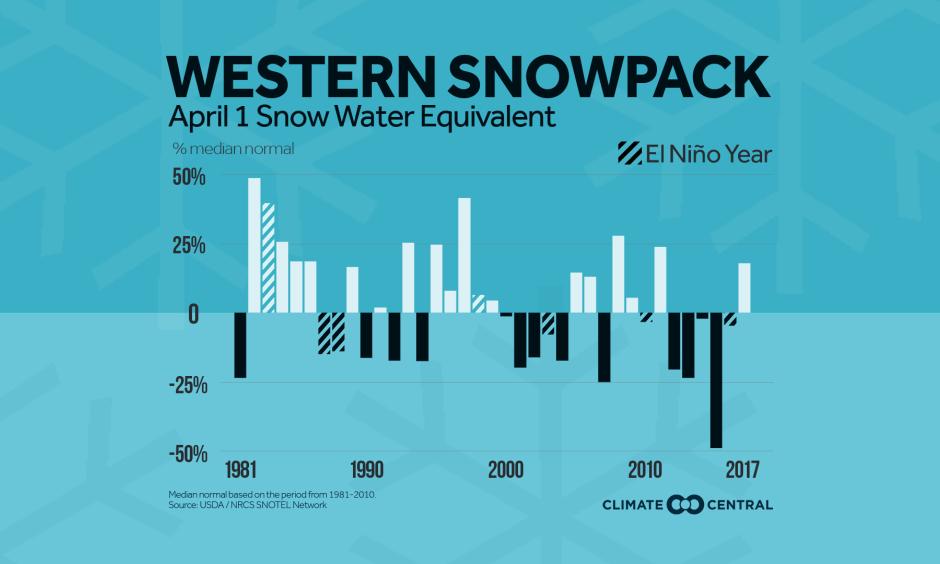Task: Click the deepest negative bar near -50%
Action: point(716,380)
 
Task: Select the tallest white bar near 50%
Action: point(254,246)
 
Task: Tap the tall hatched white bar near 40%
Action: point(268,258)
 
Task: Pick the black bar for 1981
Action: point(240,345)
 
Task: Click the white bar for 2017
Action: point(744,288)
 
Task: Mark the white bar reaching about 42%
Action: point(464,255)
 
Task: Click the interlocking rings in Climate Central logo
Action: point(687,505)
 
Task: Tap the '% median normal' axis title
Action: point(231,150)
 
